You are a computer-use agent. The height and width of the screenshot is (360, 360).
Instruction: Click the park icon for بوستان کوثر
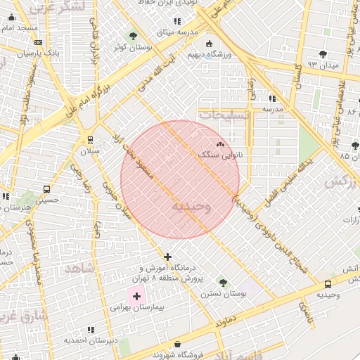133,36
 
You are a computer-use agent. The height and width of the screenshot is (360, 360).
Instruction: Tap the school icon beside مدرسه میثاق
176,22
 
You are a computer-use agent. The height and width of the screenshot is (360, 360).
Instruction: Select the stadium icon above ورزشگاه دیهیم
209,44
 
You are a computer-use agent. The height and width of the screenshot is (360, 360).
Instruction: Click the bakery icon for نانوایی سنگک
220,144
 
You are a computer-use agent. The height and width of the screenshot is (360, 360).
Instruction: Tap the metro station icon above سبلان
90,139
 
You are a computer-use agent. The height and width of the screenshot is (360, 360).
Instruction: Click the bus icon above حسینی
47,189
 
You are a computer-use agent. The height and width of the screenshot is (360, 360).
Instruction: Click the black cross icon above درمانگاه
167,257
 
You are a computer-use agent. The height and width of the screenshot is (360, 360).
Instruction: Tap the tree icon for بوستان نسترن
223,282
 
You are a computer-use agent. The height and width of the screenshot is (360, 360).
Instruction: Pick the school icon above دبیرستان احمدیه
90,329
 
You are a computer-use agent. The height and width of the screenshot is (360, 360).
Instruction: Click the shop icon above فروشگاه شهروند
176,345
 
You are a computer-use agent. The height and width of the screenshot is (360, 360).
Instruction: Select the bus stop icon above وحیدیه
328,284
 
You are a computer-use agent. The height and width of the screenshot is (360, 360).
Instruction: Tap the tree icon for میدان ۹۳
323,54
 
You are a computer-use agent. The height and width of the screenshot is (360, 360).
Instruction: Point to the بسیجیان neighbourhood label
224,113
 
